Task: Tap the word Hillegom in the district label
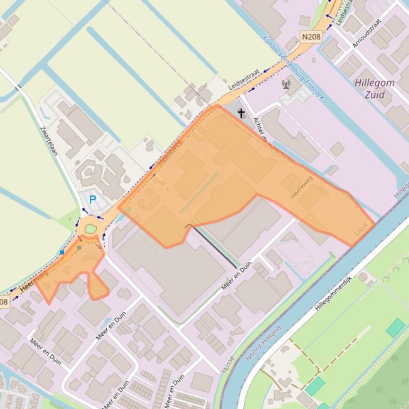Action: (374, 83)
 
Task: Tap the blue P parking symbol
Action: (92, 200)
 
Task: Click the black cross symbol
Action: (241, 113)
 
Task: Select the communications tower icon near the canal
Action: (286, 84)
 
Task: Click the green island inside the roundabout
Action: (90, 229)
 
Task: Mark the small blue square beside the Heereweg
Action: (62, 252)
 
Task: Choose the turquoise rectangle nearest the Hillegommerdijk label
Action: (395, 328)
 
